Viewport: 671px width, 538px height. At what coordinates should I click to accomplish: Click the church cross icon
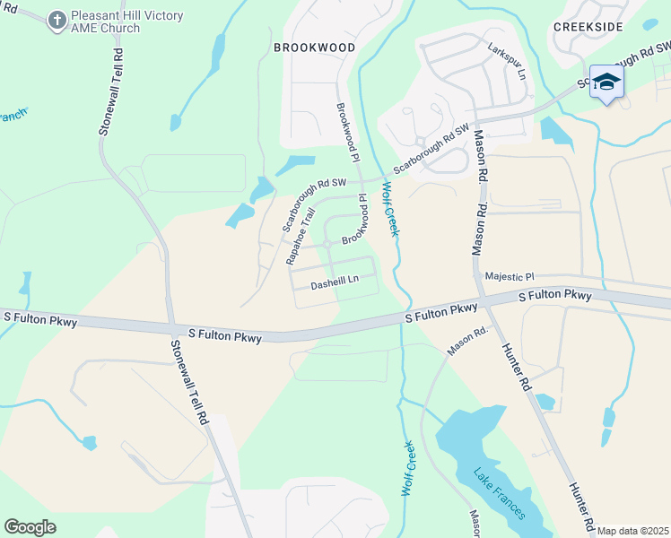tap(57, 19)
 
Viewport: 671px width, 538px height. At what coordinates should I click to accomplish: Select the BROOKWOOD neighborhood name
tap(314, 47)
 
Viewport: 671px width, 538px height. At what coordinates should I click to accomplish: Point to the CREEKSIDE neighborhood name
tap(588, 27)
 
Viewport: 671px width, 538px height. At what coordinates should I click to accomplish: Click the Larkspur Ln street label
tap(506, 62)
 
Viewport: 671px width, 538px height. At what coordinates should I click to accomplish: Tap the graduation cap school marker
tap(607, 82)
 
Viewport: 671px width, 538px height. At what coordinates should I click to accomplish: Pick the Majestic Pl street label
tap(509, 277)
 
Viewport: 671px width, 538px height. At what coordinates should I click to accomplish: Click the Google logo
tap(30, 526)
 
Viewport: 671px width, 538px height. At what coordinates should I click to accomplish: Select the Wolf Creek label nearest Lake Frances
tap(407, 468)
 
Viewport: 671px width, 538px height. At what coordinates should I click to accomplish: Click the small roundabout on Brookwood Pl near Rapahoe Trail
tap(328, 243)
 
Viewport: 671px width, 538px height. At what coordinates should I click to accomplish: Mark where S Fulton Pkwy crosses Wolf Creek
tap(405, 318)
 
